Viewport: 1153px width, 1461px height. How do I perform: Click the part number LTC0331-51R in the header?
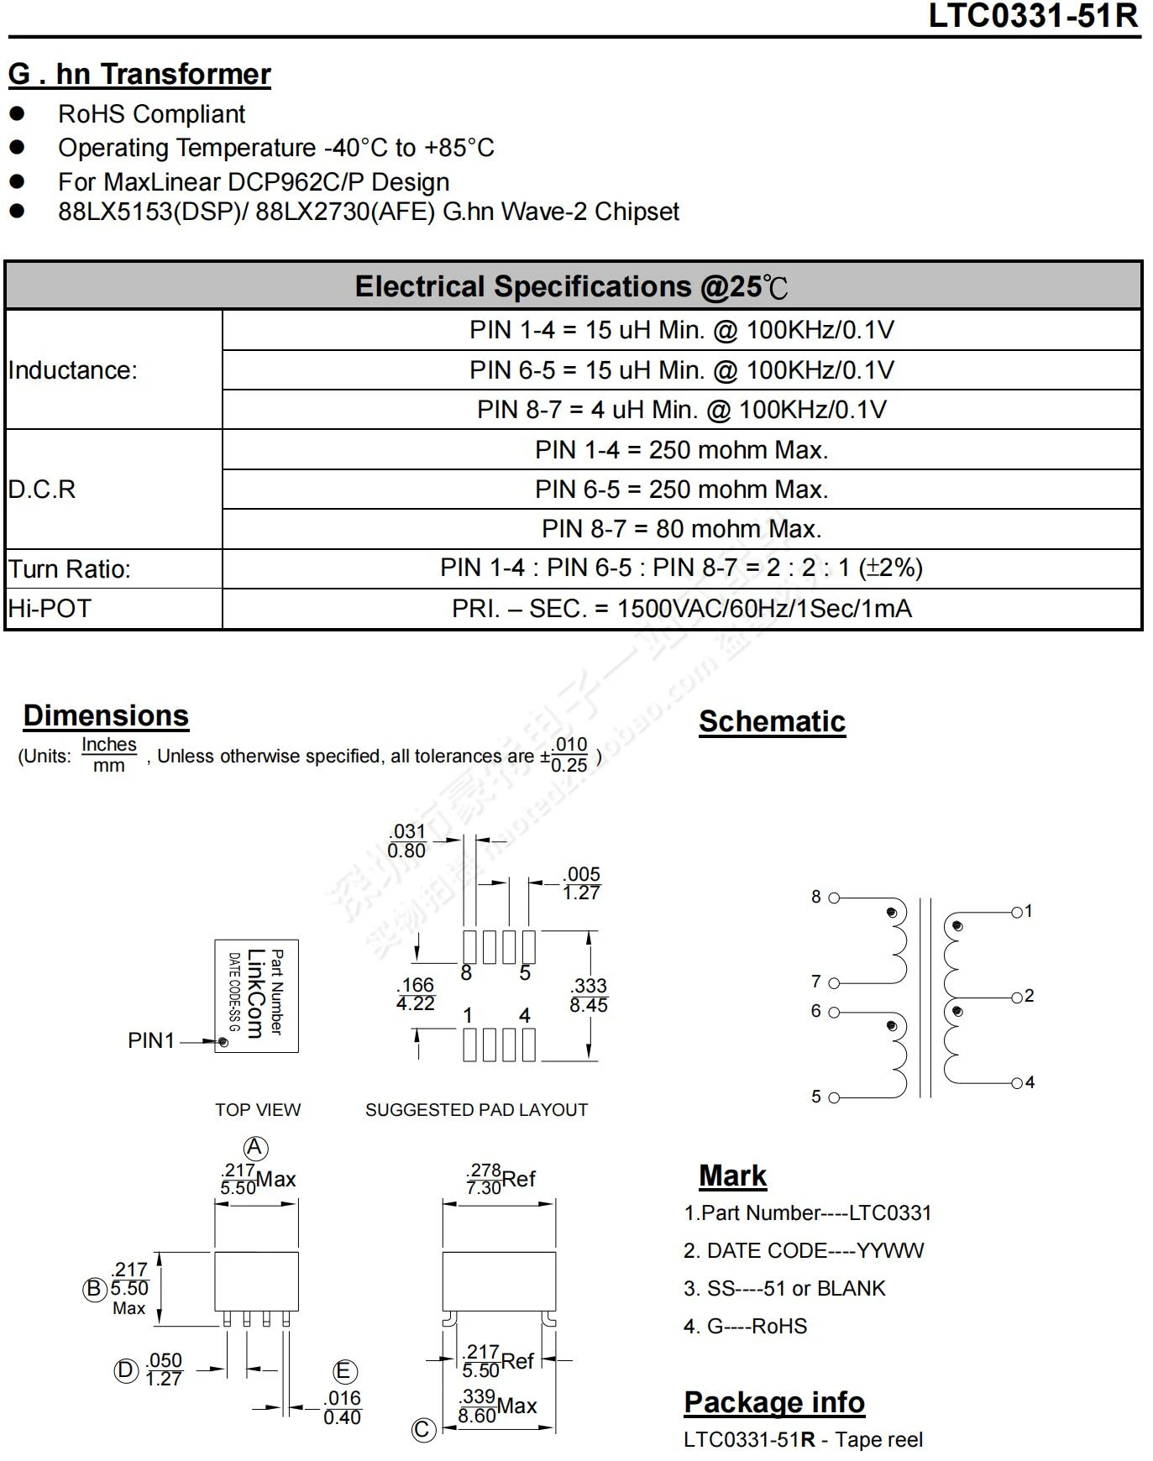tap(1032, 16)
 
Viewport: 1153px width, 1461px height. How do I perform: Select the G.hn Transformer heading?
tap(139, 74)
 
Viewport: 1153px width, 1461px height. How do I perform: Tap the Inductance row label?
tap(73, 369)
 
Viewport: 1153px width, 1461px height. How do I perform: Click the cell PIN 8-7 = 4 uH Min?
tap(681, 410)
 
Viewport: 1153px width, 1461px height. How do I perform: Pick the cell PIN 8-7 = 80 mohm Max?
tap(681, 529)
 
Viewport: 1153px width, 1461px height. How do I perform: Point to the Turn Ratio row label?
tap(70, 569)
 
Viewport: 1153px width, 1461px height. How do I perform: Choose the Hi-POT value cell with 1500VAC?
tap(681, 609)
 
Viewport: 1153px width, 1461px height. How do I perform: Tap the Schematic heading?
tap(772, 721)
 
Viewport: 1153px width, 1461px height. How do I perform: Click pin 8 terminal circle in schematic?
tap(834, 898)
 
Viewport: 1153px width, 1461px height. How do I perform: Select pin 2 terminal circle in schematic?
tap(1017, 998)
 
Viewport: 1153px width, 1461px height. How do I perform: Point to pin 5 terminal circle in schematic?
tap(834, 1097)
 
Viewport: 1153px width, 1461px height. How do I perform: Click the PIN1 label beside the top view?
tap(151, 1040)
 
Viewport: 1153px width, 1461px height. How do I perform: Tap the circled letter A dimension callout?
tap(255, 1148)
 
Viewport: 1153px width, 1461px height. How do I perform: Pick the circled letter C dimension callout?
tap(424, 1429)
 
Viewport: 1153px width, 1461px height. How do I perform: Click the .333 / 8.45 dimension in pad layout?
tap(588, 995)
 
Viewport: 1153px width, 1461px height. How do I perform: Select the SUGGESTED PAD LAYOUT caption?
tap(476, 1110)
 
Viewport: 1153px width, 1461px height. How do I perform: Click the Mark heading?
tap(732, 1176)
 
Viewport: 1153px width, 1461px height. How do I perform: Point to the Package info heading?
tap(774, 1402)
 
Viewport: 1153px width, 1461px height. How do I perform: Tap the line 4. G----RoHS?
tap(745, 1326)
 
